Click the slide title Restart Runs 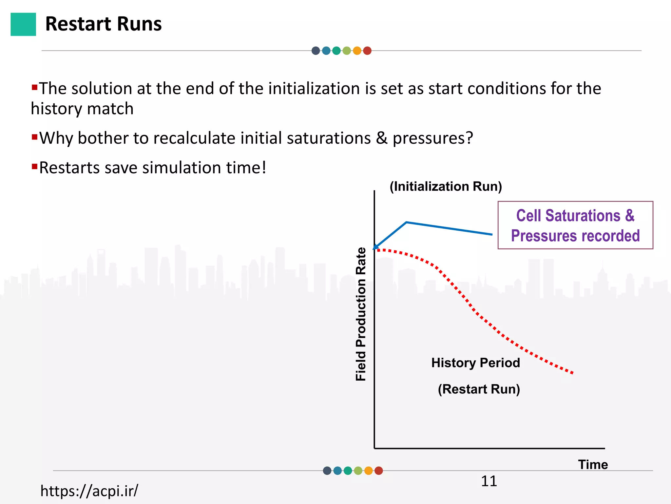pos(103,24)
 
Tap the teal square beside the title pos(23,24)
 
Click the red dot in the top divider pos(367,51)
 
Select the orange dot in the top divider pos(357,51)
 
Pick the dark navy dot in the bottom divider pos(327,471)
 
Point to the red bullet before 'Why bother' pos(34,136)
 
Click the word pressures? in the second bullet pos(433,138)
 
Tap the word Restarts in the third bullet pos(69,168)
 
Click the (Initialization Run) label pos(446,186)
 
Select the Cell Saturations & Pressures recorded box pos(575,225)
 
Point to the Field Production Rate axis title pos(361,314)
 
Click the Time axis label pos(593,465)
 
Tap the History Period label pos(475,363)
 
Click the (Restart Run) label pos(479,389)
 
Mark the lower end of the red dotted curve pos(572,373)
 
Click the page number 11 pos(489,481)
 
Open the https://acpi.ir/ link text pos(89,491)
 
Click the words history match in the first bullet pos(82,109)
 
